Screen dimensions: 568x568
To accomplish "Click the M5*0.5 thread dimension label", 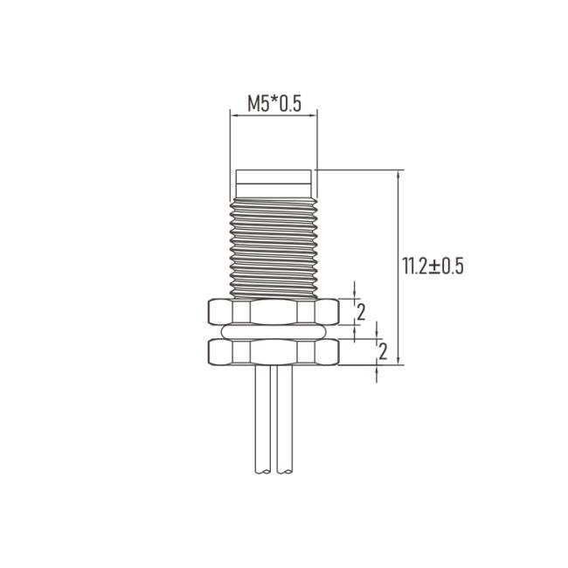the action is click(x=274, y=103).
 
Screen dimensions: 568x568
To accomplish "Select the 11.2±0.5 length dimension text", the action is click(x=433, y=267).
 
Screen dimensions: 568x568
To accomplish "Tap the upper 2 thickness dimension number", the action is click(x=361, y=312).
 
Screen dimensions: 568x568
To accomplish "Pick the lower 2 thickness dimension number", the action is click(x=383, y=351).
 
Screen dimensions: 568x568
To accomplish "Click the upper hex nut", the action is click(x=274, y=311).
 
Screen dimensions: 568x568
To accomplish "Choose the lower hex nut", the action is click(x=274, y=351).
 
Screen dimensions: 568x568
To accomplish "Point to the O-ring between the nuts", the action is click(x=274, y=331).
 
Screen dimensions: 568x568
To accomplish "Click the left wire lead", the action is click(x=263, y=419).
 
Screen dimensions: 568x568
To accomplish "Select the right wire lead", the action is click(x=284, y=419).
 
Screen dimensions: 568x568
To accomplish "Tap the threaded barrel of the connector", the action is click(x=274, y=248).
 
